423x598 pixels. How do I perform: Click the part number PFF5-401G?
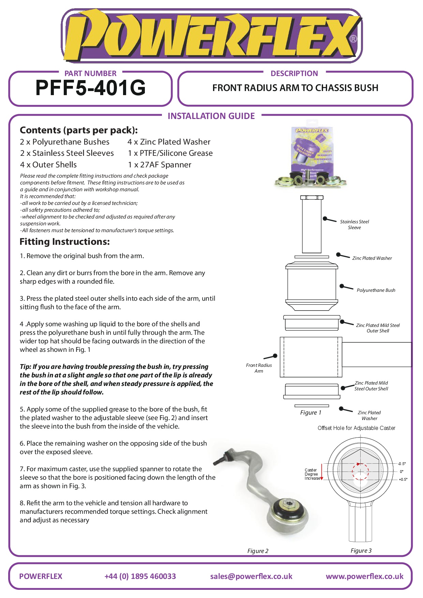(x=90, y=88)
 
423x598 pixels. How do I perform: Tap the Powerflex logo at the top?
(x=211, y=36)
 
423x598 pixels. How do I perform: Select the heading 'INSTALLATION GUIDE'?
(x=211, y=116)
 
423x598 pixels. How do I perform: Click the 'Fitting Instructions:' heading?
(x=65, y=242)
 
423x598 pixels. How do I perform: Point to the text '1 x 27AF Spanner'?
(x=160, y=165)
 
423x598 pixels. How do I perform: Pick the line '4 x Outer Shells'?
(x=48, y=165)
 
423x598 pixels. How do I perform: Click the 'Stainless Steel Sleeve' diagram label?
(x=354, y=224)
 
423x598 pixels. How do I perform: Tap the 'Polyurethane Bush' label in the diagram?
(x=376, y=290)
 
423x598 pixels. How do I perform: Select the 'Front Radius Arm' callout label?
(x=259, y=368)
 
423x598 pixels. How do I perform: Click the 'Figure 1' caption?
(x=311, y=413)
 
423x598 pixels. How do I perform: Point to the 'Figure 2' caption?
(x=258, y=551)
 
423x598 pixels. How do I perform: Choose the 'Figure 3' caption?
(x=361, y=551)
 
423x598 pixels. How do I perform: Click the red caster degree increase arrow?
(x=321, y=472)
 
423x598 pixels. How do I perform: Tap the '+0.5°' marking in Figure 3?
(x=403, y=479)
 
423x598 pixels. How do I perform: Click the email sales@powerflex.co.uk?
(x=251, y=576)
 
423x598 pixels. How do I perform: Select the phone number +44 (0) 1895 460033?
(x=140, y=576)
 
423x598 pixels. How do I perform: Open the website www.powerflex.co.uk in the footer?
(x=364, y=576)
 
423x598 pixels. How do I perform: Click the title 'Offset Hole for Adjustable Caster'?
(x=356, y=428)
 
